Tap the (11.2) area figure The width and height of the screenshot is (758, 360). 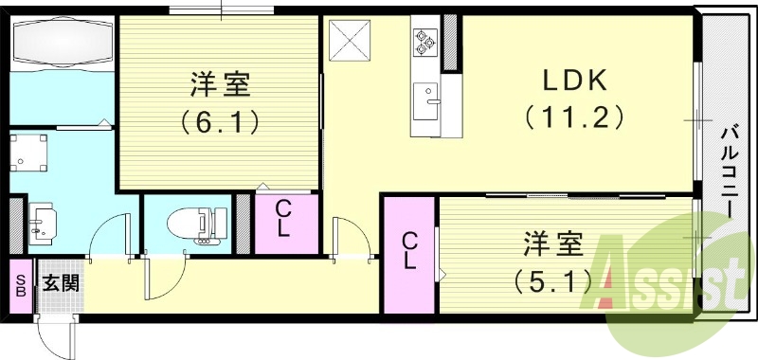(x=574, y=117)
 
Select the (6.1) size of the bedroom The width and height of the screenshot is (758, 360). (x=220, y=121)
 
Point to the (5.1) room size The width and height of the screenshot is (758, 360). (x=554, y=280)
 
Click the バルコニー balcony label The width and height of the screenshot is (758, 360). (x=729, y=171)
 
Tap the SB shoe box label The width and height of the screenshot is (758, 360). (x=20, y=285)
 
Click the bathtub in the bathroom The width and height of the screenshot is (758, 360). (x=61, y=45)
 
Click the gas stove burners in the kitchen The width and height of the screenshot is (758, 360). (x=424, y=41)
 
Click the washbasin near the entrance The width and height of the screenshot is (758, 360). (x=42, y=220)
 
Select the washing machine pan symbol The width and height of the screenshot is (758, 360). (x=30, y=151)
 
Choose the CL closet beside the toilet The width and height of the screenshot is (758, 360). (x=283, y=220)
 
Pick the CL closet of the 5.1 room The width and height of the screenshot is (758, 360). (x=409, y=251)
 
